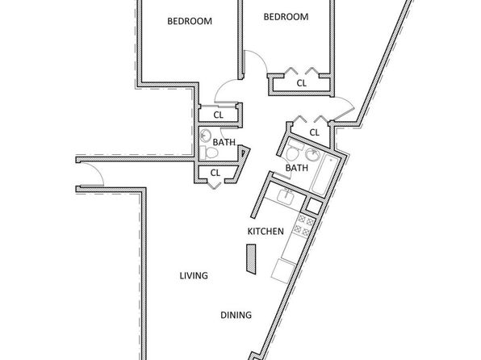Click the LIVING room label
194,275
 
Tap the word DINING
236,315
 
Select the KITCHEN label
266,231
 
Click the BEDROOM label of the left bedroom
190,21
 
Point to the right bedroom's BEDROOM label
286,17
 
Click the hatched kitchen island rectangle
251,259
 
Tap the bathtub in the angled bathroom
324,175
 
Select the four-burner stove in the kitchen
303,225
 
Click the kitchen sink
286,196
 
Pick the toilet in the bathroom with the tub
294,151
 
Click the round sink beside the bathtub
312,153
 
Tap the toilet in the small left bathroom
208,153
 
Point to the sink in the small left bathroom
205,135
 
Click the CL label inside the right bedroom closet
302,83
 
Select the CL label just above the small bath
219,115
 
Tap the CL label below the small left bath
215,173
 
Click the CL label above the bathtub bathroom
315,132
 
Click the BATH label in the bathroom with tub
297,168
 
